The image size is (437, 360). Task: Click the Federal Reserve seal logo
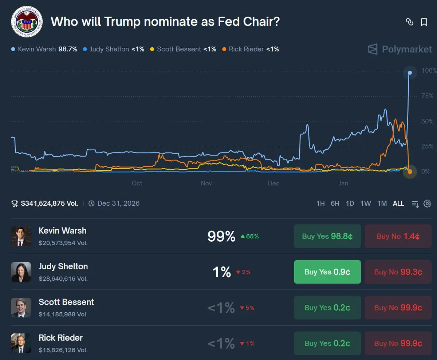[27, 21]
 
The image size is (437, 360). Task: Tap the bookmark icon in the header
[424, 22]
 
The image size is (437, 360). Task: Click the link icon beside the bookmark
[410, 22]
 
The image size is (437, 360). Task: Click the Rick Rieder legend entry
[250, 49]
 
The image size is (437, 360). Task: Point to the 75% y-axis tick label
[427, 96]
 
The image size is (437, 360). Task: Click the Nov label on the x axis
[206, 183]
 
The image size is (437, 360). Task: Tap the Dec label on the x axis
[273, 183]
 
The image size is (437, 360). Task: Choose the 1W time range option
[366, 203]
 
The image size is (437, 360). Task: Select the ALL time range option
[398, 203]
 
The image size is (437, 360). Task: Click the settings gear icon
[428, 203]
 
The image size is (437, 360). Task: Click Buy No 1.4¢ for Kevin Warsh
[398, 236]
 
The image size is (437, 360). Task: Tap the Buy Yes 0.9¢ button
[327, 272]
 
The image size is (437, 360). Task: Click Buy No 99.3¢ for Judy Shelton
[398, 272]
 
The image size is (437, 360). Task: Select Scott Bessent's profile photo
[21, 308]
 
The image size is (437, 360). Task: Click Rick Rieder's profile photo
[21, 343]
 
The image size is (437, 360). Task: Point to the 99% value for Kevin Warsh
[221, 237]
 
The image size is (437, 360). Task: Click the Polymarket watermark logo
[399, 49]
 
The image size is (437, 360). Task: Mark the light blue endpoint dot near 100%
[410, 73]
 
